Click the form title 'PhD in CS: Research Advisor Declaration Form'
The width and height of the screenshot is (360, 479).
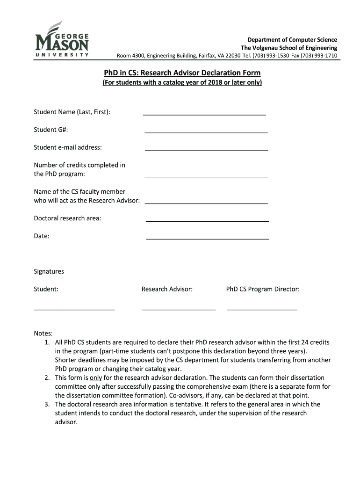pos(182,73)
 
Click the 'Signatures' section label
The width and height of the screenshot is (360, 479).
pos(49,271)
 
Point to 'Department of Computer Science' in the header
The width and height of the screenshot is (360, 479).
pos(292,40)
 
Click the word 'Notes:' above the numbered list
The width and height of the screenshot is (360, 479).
pos(43,333)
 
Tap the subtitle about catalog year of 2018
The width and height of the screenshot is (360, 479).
pos(182,83)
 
